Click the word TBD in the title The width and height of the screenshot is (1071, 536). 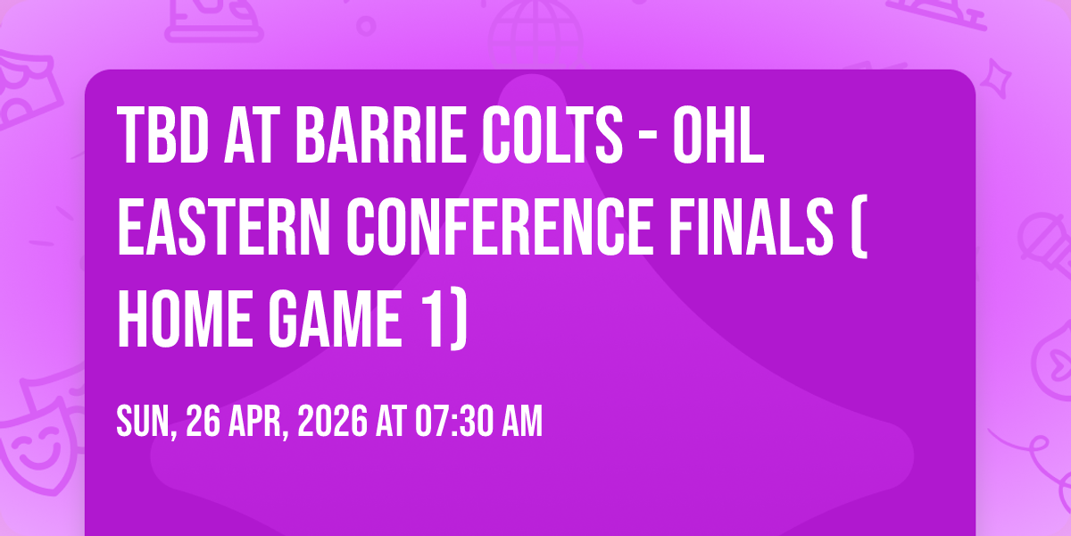[163, 136]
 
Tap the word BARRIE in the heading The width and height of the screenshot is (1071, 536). [381, 136]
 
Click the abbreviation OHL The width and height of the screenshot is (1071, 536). [718, 136]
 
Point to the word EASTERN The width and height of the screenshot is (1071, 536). [224, 227]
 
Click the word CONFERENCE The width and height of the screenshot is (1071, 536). [500, 227]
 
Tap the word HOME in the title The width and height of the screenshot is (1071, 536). [185, 319]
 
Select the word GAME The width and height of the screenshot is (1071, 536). [336, 319]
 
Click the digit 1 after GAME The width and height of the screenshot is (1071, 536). [433, 319]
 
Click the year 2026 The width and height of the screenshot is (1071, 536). [333, 421]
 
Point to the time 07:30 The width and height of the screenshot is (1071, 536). [454, 421]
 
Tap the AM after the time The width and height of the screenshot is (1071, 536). [522, 421]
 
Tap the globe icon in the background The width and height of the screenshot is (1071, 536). [535, 31]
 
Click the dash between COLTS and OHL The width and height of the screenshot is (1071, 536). [648, 138]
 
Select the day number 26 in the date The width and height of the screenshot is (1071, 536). [203, 421]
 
